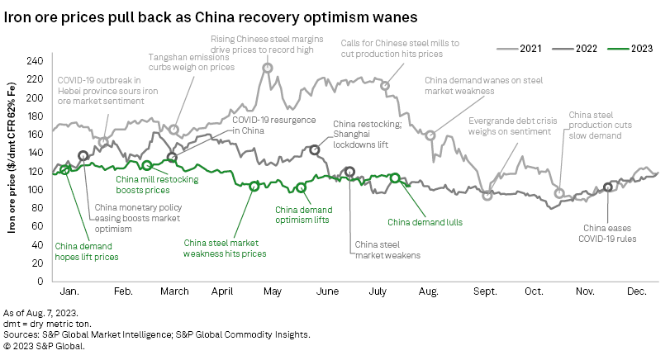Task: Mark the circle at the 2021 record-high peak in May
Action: click(268, 69)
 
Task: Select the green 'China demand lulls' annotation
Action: click(425, 222)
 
